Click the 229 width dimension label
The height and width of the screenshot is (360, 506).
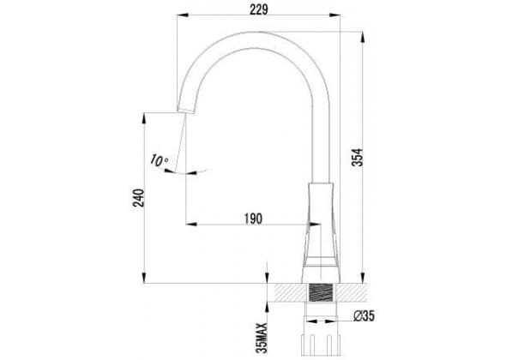pos(259,9)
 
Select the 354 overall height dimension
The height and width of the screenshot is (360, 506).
pos(358,158)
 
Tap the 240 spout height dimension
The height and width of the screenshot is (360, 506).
pos(139,198)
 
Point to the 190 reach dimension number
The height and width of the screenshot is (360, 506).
pos(253,219)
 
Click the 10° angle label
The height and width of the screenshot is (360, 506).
pos(159,160)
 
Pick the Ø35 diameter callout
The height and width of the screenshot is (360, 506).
pos(364,315)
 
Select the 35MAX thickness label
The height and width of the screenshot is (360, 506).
pos(263,338)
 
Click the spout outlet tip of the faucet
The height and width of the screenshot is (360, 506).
pos(186,111)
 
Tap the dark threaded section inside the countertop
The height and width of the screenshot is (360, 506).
pos(321,293)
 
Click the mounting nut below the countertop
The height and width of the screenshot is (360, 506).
pos(321,345)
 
